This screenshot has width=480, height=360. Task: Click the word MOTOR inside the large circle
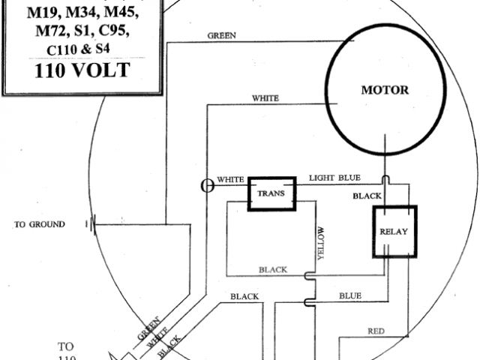pyautogui.click(x=385, y=90)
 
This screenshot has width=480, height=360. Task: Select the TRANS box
pyautogui.click(x=271, y=193)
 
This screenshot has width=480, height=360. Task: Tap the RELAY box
pyautogui.click(x=394, y=231)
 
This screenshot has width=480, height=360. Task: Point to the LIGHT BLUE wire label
pyautogui.click(x=334, y=178)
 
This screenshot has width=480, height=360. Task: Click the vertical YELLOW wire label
pyautogui.click(x=320, y=243)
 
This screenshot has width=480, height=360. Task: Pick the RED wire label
pyautogui.click(x=376, y=331)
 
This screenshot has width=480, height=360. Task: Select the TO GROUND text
pyautogui.click(x=40, y=224)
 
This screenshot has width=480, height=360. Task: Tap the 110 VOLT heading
pyautogui.click(x=79, y=71)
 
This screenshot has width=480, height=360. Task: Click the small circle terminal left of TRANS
pyautogui.click(x=208, y=185)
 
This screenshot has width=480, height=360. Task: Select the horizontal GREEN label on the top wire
pyautogui.click(x=222, y=35)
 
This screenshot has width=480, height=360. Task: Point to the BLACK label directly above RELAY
pyautogui.click(x=367, y=196)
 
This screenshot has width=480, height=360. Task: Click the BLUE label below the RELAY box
pyautogui.click(x=349, y=295)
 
